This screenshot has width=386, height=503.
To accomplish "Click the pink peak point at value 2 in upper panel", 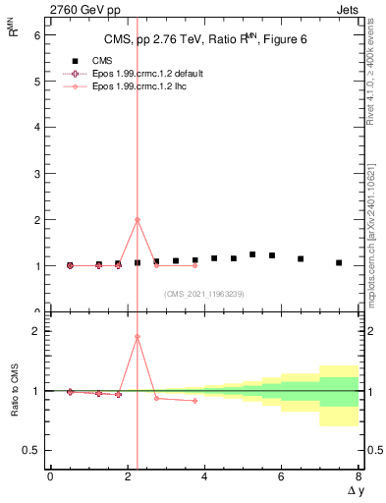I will point(137,220).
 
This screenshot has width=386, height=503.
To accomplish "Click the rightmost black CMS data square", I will point(339,263).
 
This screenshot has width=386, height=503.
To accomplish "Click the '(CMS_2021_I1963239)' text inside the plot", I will point(204,294).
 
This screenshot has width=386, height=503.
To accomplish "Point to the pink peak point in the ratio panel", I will point(137,337).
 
